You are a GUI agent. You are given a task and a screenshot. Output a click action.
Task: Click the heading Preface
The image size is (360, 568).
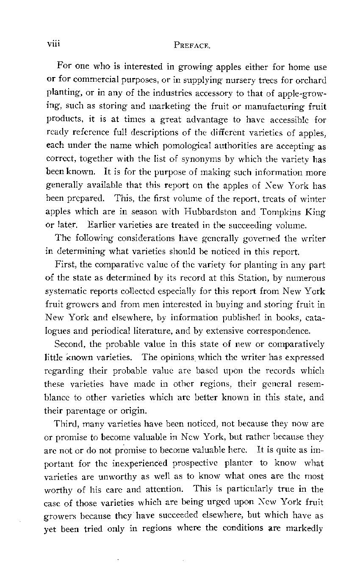[192, 44]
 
